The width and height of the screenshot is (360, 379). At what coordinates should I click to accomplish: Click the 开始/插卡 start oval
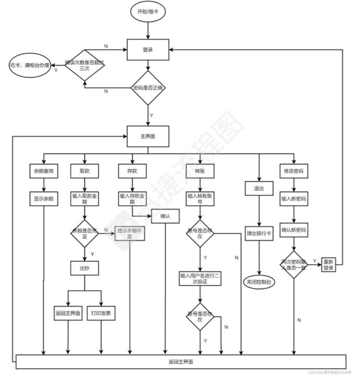[148, 12]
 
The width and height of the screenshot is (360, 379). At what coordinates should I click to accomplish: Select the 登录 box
[148, 50]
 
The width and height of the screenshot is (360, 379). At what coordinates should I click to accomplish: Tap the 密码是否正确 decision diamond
[148, 88]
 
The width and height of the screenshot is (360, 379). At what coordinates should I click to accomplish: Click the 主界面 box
[148, 136]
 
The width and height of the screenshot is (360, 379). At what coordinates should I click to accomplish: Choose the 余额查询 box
[43, 171]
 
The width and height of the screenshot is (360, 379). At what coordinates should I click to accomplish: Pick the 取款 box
[85, 171]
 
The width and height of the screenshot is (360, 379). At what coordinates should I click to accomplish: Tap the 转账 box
[200, 171]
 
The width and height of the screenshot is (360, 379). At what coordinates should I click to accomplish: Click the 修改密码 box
[294, 171]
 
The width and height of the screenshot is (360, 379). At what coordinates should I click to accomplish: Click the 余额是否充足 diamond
[85, 232]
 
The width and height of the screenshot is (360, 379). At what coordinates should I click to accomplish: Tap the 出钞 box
[85, 268]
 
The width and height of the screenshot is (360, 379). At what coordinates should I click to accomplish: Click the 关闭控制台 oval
[260, 281]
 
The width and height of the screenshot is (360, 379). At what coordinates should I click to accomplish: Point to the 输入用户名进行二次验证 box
[200, 278]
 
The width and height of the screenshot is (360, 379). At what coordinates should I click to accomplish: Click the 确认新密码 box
[294, 229]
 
